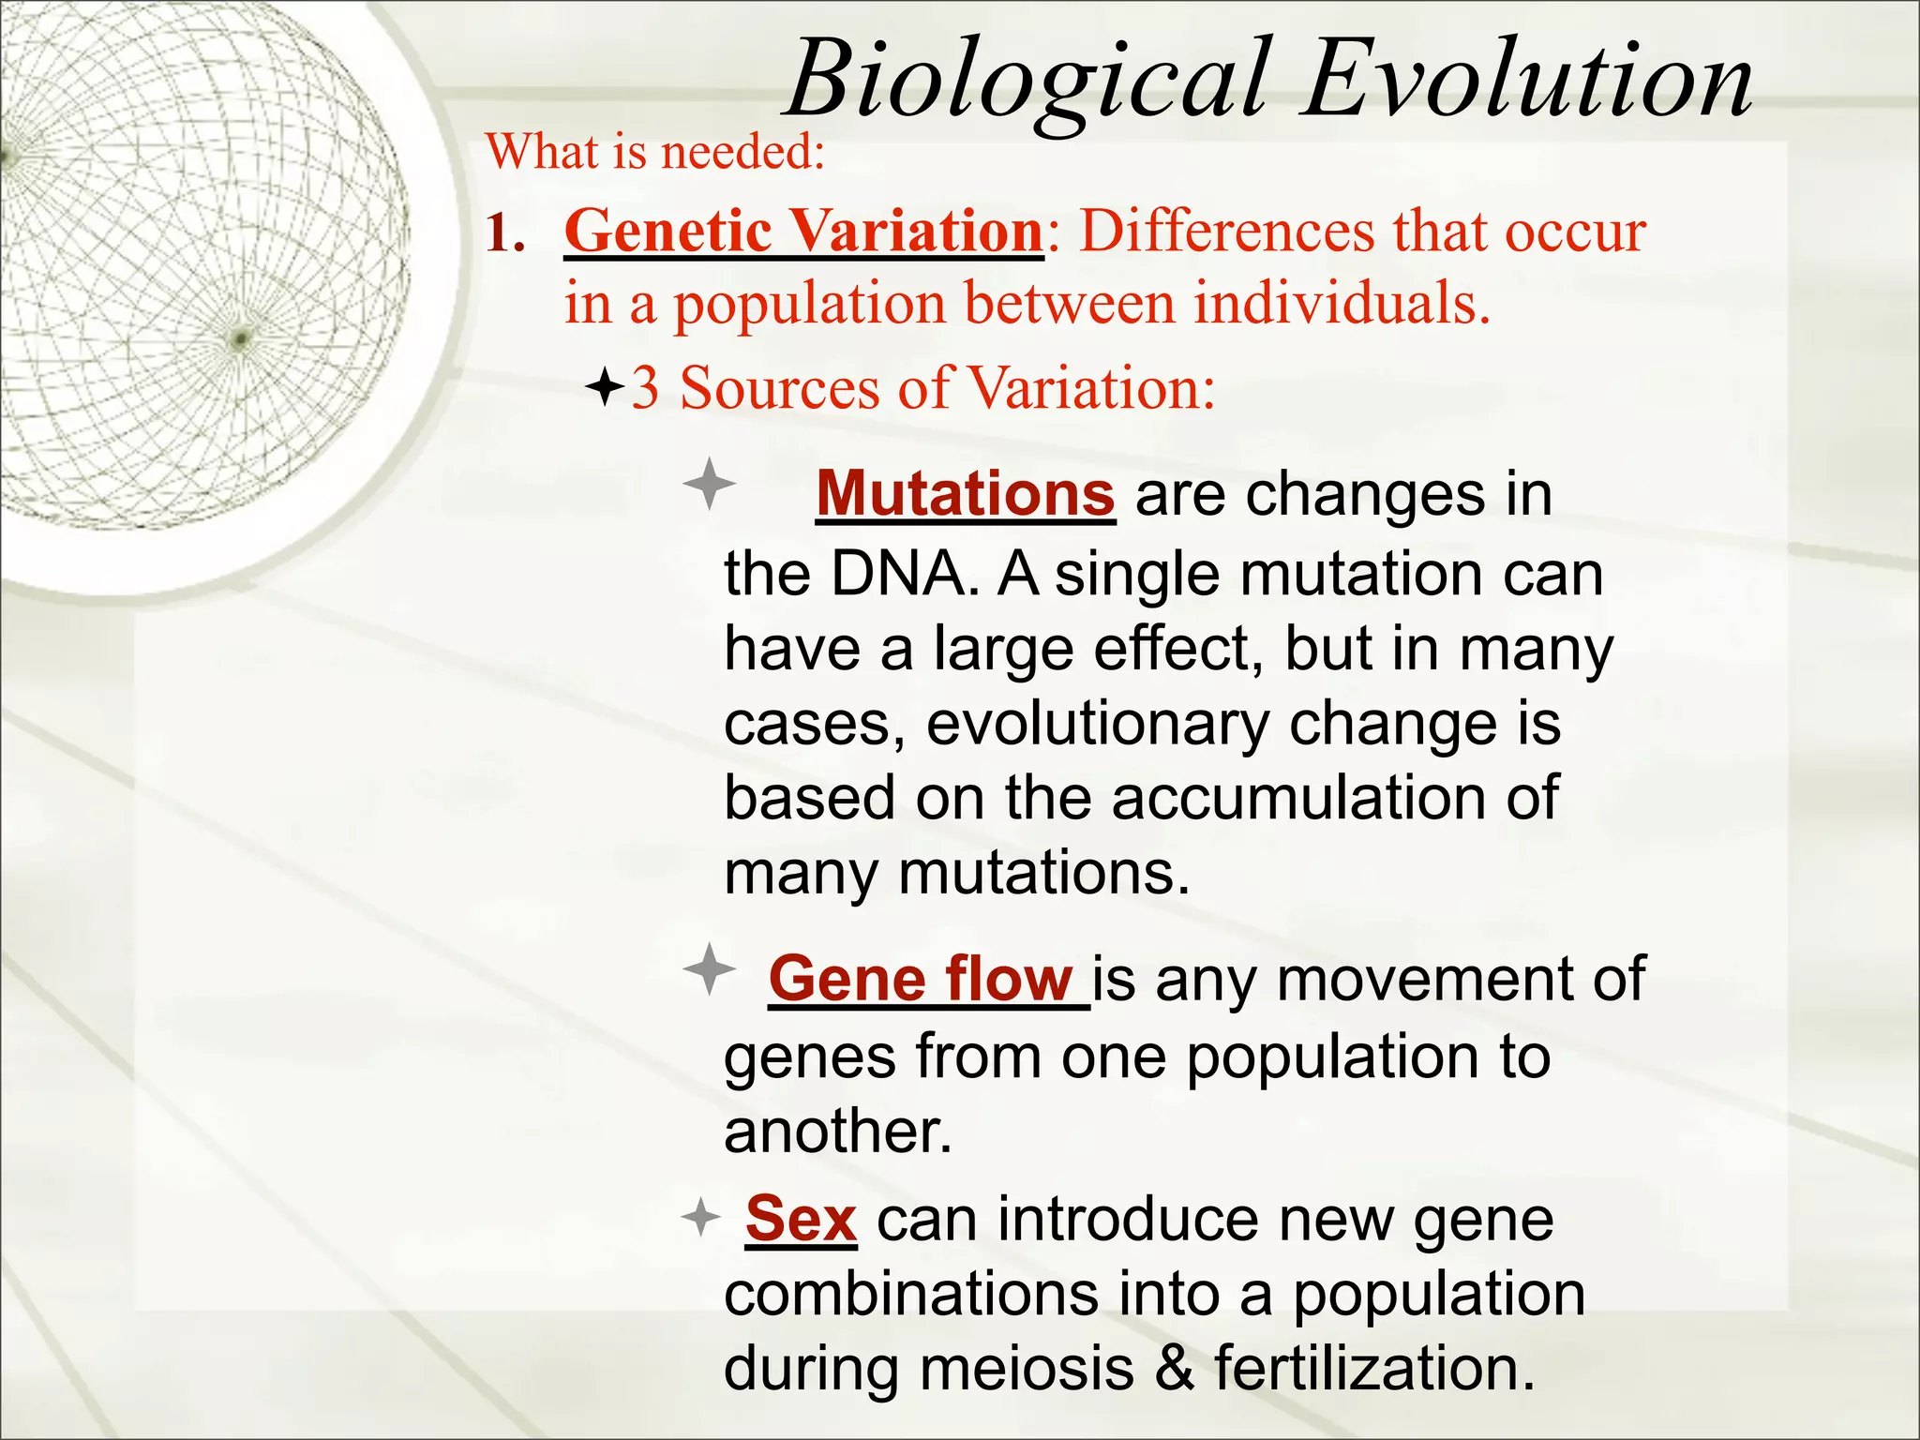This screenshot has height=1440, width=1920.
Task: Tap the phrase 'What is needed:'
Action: tap(655, 152)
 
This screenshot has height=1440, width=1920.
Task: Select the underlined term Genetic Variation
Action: tap(803, 231)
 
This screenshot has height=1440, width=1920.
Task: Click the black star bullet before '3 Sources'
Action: tap(605, 386)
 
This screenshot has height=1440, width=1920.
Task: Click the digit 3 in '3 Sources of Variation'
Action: tap(645, 388)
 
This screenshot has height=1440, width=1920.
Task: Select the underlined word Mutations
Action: tap(965, 493)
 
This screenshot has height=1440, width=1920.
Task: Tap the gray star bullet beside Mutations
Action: tap(710, 485)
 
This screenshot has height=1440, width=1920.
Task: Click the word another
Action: tap(837, 1131)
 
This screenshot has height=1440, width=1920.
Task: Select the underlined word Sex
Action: tap(801, 1220)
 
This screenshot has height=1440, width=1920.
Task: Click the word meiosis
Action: tap(1027, 1369)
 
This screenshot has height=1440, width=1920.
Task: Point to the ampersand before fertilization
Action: tap(1175, 1369)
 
